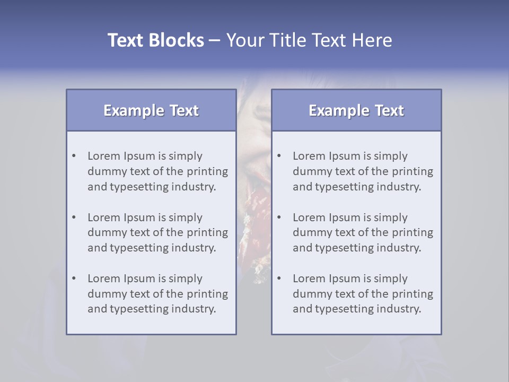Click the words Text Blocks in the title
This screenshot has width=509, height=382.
[x=155, y=40]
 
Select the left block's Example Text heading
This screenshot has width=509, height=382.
[x=151, y=110]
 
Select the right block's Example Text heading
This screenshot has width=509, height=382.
[x=356, y=110]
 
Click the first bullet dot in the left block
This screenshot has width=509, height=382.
[x=74, y=156]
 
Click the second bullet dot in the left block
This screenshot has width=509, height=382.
[x=74, y=218]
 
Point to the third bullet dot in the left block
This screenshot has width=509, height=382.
[x=74, y=279]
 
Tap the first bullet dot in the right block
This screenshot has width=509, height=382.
[x=279, y=156]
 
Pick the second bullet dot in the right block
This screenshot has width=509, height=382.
[x=279, y=218]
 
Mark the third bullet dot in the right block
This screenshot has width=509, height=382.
[x=279, y=279]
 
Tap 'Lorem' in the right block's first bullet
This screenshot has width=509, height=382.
[x=309, y=156]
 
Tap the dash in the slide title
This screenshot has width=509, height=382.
[x=215, y=40]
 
